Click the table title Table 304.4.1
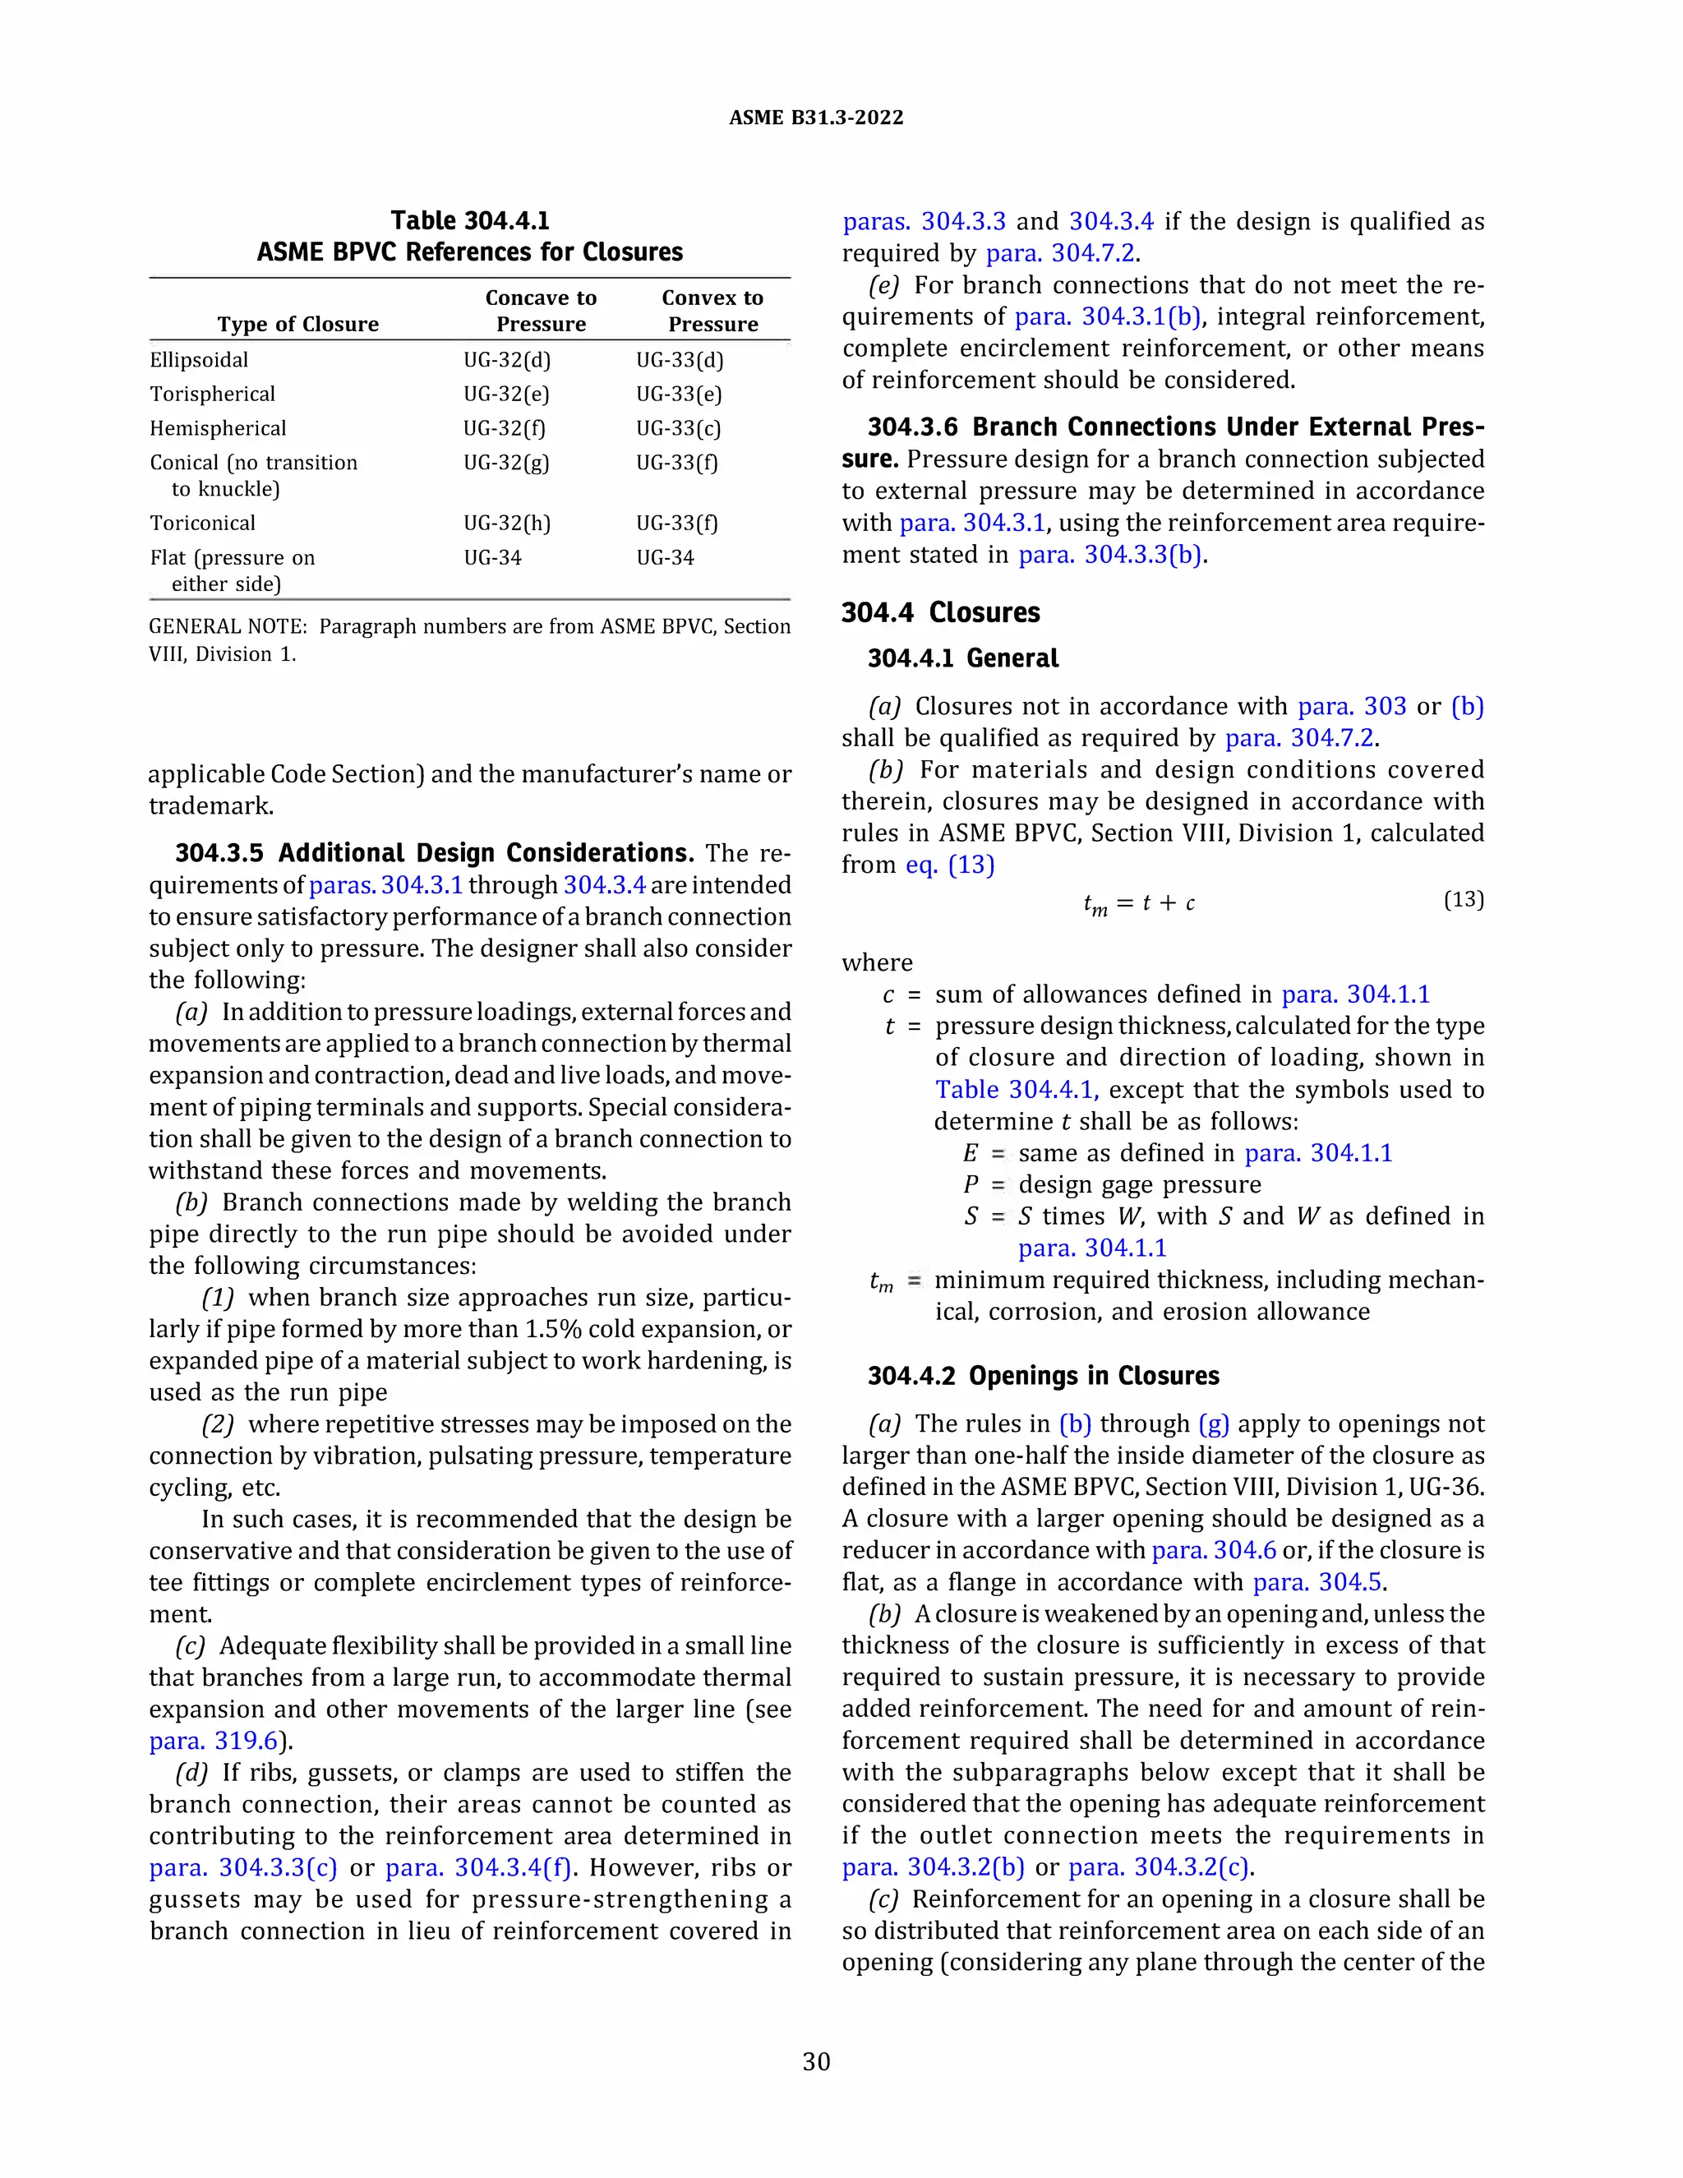click(x=469, y=220)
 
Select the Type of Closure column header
click(x=298, y=324)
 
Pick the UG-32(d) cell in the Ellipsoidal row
click(x=506, y=360)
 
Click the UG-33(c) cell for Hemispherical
click(x=678, y=429)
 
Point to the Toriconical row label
click(x=202, y=524)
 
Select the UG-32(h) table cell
click(x=506, y=524)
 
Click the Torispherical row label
click(x=212, y=394)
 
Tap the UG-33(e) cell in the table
click(x=678, y=394)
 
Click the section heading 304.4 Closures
click(x=940, y=612)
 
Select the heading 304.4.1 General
click(x=962, y=658)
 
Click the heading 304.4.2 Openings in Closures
click(x=1043, y=1376)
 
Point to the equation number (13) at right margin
click(x=1463, y=899)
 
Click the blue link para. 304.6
click(x=1214, y=1551)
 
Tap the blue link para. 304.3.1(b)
click(x=1107, y=317)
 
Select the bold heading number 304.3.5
click(x=219, y=854)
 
